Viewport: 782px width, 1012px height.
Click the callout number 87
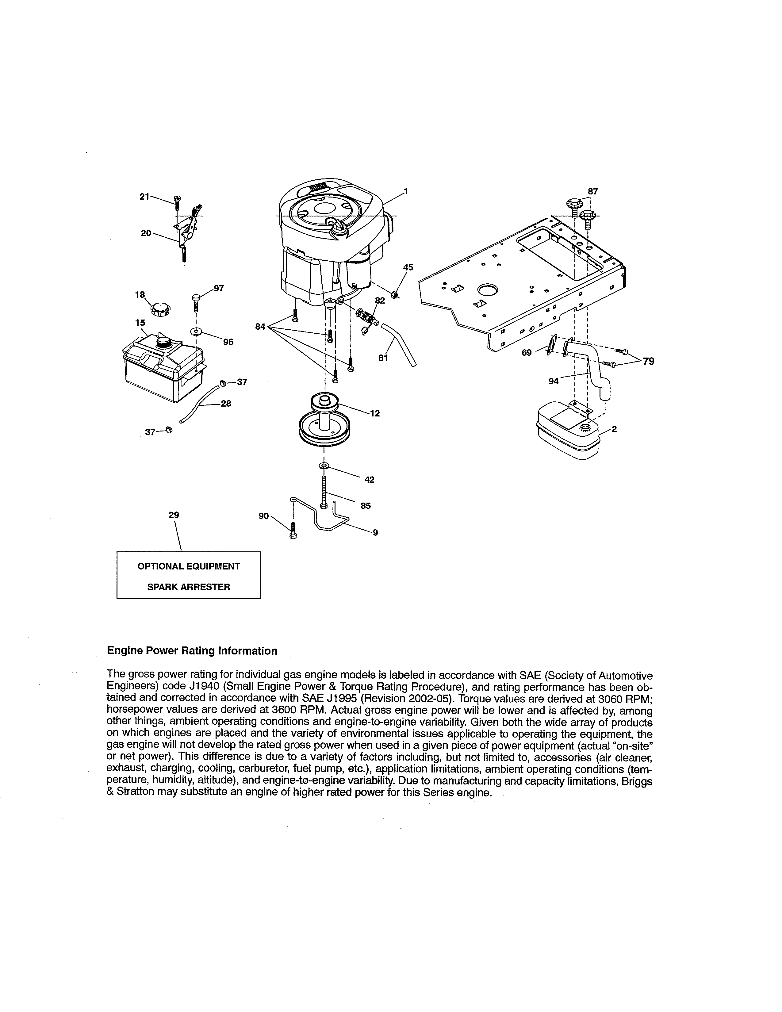[592, 191]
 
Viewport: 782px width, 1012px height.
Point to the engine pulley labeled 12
[324, 420]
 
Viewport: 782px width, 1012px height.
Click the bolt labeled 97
[196, 304]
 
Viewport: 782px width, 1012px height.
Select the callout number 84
[260, 327]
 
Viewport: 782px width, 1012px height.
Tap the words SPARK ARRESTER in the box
[189, 587]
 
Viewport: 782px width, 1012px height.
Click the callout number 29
[174, 515]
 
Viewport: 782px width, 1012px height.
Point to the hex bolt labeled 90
[293, 531]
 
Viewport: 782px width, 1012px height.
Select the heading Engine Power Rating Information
[192, 651]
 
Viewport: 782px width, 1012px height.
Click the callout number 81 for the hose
[383, 358]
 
